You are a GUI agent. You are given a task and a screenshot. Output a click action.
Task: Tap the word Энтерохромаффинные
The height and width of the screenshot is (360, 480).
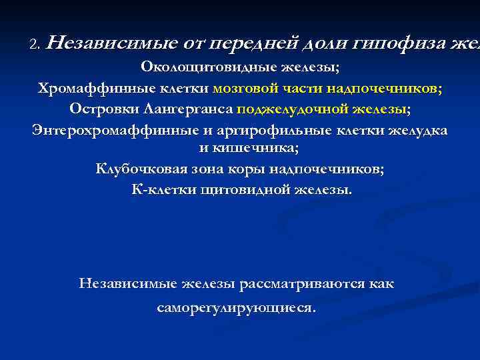click(110, 130)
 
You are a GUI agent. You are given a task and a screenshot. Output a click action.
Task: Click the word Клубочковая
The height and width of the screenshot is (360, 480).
click(139, 169)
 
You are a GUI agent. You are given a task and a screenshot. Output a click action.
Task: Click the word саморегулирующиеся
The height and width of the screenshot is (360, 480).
click(237, 309)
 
